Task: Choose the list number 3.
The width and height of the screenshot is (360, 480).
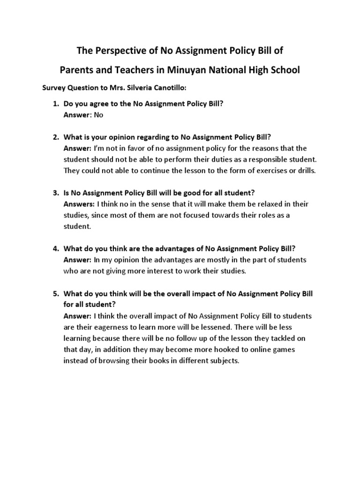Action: coord(55,193)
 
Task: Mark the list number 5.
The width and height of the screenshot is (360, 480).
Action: coord(55,293)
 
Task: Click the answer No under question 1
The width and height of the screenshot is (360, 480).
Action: coord(98,114)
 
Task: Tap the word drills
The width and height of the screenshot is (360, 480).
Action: coord(306,171)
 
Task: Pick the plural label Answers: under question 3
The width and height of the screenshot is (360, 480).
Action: coord(79,204)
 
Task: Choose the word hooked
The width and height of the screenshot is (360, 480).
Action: coord(213,350)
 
